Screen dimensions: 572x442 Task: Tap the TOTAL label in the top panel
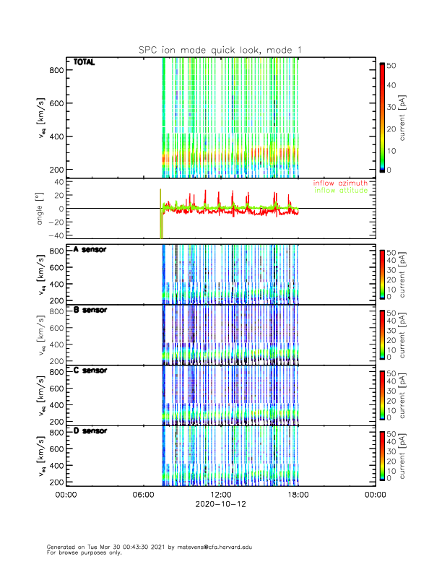pos(84,62)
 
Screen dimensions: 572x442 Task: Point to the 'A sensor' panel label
pos(90,249)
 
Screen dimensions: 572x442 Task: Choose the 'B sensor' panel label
pos(90,310)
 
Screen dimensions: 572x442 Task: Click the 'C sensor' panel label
pos(90,370)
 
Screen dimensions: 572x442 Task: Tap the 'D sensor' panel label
pos(90,431)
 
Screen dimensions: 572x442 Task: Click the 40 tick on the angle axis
pos(58,182)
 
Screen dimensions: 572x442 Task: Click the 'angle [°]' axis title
pos(41,209)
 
